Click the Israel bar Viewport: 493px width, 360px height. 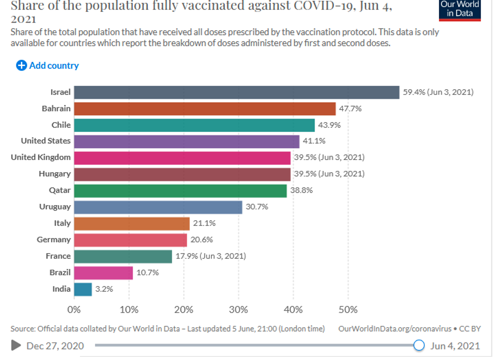pos(237,92)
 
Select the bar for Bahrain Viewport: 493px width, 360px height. pos(205,109)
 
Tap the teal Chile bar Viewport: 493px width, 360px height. pos(194,125)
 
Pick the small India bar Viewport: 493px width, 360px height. pos(83,289)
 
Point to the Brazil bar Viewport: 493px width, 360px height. pos(103,273)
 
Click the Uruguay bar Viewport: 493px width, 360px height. pos(158,207)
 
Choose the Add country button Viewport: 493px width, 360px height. pos(48,66)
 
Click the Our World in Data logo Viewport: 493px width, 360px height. pos(460,10)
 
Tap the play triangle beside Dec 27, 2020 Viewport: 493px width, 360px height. pos(16,345)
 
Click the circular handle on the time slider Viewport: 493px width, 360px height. pos(419,345)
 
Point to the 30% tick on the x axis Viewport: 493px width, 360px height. pos(239,310)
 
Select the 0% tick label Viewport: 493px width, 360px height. pos(74,310)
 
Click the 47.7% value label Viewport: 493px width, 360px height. pos(350,109)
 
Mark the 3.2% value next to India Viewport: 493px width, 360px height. pos(104,289)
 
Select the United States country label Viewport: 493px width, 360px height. pos(45,141)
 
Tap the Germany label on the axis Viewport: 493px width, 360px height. pos(53,240)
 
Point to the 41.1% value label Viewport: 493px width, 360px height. pos(314,141)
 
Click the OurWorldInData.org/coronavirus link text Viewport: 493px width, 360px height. pos(395,329)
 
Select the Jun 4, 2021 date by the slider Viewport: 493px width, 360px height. pos(455,346)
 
